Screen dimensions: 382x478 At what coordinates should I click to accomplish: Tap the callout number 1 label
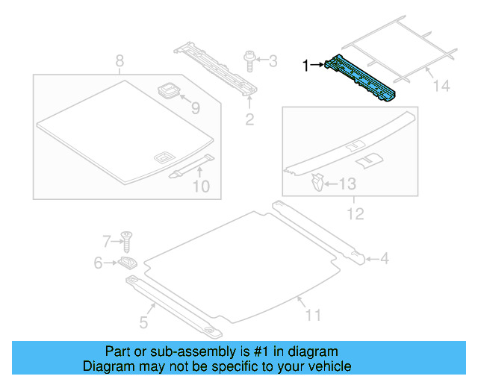[x=305, y=66]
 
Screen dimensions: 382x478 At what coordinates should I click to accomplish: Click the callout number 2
[x=250, y=119]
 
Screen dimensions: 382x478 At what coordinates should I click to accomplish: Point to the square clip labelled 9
[x=170, y=92]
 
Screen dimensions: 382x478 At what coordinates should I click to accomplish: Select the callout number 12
[x=355, y=214]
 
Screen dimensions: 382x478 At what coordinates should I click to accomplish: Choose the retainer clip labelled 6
[x=128, y=262]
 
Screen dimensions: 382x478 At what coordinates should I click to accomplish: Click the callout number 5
[x=143, y=322]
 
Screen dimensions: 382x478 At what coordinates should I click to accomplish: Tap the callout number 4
[x=384, y=260]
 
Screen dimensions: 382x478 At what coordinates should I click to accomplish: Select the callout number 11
[x=313, y=316]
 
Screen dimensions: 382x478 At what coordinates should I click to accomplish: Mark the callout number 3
[x=272, y=60]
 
